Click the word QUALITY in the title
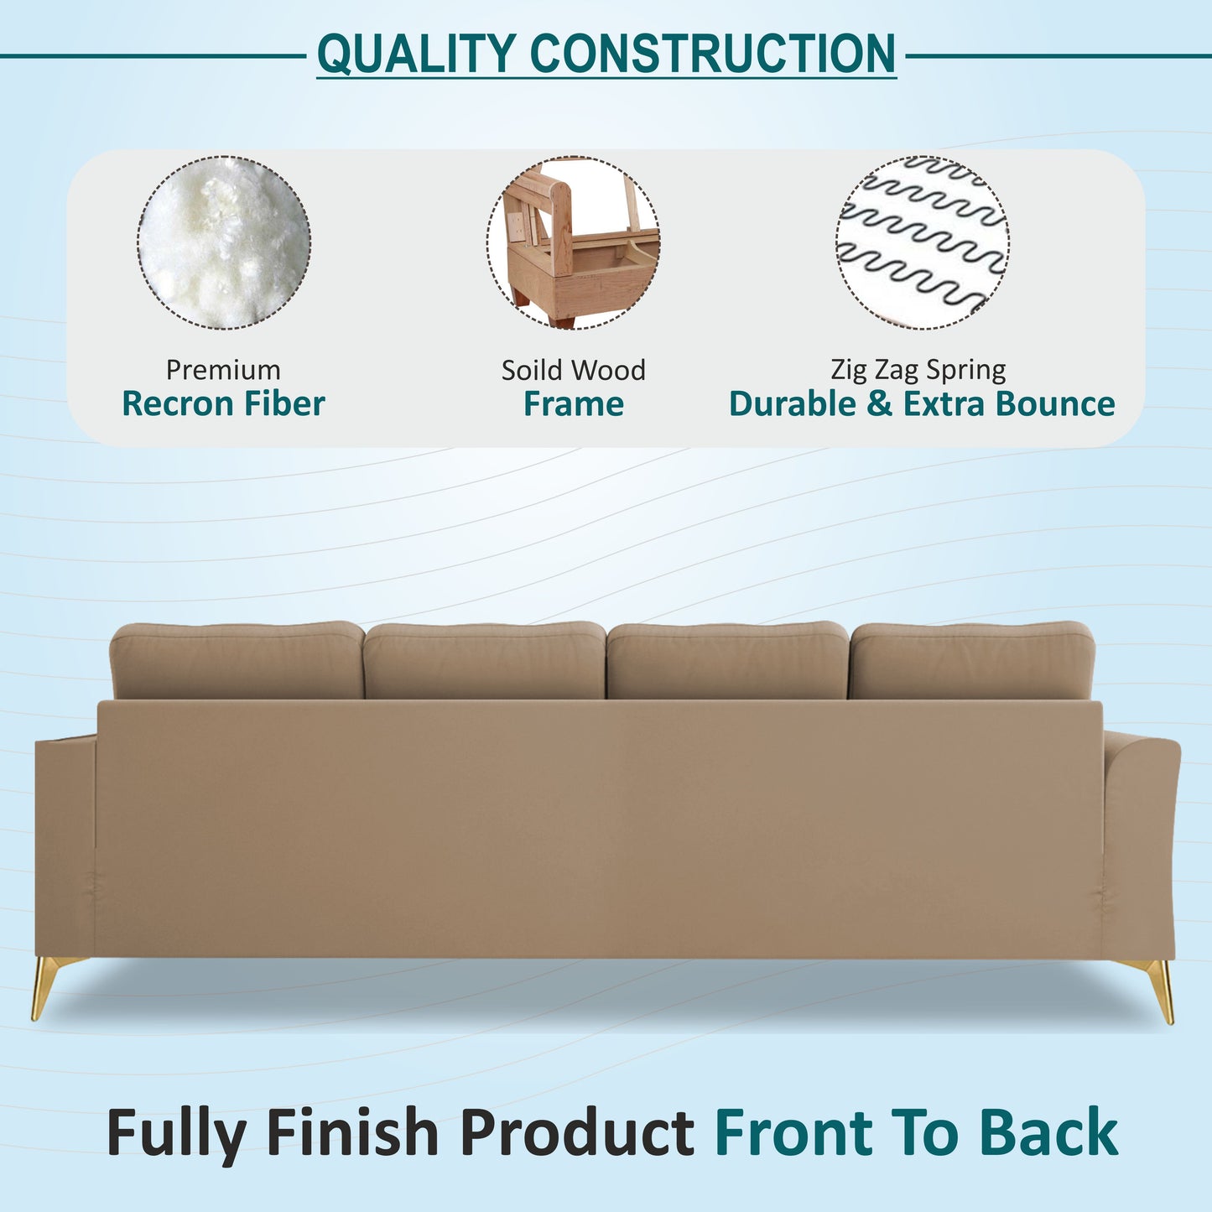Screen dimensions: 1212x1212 click(416, 54)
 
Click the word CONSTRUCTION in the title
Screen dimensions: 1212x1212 click(712, 54)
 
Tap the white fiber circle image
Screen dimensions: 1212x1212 click(224, 242)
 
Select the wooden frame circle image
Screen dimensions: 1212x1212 click(573, 242)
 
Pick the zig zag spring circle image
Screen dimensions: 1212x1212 click(922, 242)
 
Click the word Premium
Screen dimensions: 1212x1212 click(223, 370)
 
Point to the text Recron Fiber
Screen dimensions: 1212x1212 click(223, 404)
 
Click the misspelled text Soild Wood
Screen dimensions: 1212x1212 click(574, 370)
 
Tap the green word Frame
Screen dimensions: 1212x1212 click(574, 404)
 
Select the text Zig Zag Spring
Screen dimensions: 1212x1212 click(918, 369)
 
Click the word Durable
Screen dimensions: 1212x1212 click(792, 404)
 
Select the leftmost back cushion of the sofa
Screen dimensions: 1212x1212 click(237, 660)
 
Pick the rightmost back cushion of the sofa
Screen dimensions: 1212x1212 click(972, 660)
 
